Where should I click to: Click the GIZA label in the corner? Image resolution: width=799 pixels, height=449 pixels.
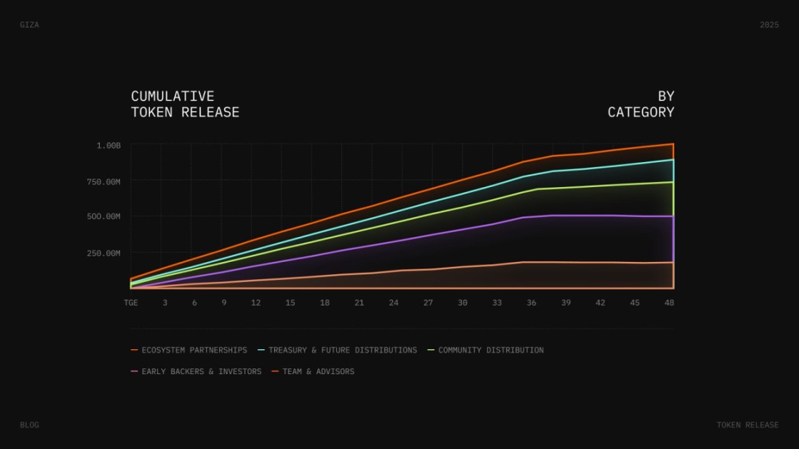click(29, 25)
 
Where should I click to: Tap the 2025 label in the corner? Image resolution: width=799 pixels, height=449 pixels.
click(769, 25)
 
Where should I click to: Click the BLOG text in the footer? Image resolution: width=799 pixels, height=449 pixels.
click(29, 425)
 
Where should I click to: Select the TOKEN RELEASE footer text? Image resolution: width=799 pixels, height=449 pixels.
click(748, 425)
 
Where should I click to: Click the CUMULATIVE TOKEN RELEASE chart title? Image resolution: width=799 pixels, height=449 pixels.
click(185, 104)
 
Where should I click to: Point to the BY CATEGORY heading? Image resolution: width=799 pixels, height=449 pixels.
click(641, 104)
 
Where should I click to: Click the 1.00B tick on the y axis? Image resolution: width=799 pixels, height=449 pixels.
click(109, 146)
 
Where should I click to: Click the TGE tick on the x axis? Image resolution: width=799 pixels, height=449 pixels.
click(130, 303)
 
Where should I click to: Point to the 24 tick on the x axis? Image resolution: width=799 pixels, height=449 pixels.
click(394, 303)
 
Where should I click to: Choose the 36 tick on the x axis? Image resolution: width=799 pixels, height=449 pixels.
click(531, 303)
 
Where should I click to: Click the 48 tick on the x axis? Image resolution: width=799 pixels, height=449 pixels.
click(669, 303)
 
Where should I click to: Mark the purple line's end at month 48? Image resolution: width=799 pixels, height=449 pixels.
click(673, 216)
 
